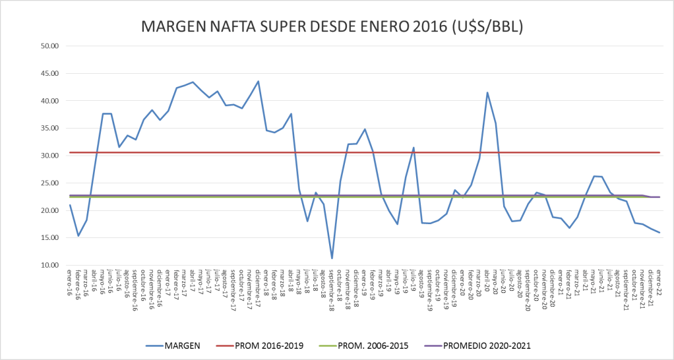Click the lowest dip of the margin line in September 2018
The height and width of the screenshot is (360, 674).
point(332,258)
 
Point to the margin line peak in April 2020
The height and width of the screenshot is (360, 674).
point(487,92)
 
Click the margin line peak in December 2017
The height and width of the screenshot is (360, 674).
point(258,81)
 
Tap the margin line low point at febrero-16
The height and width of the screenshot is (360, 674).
point(78,236)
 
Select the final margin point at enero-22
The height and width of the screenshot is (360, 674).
point(659,233)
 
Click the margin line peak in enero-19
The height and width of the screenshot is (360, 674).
point(365,129)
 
